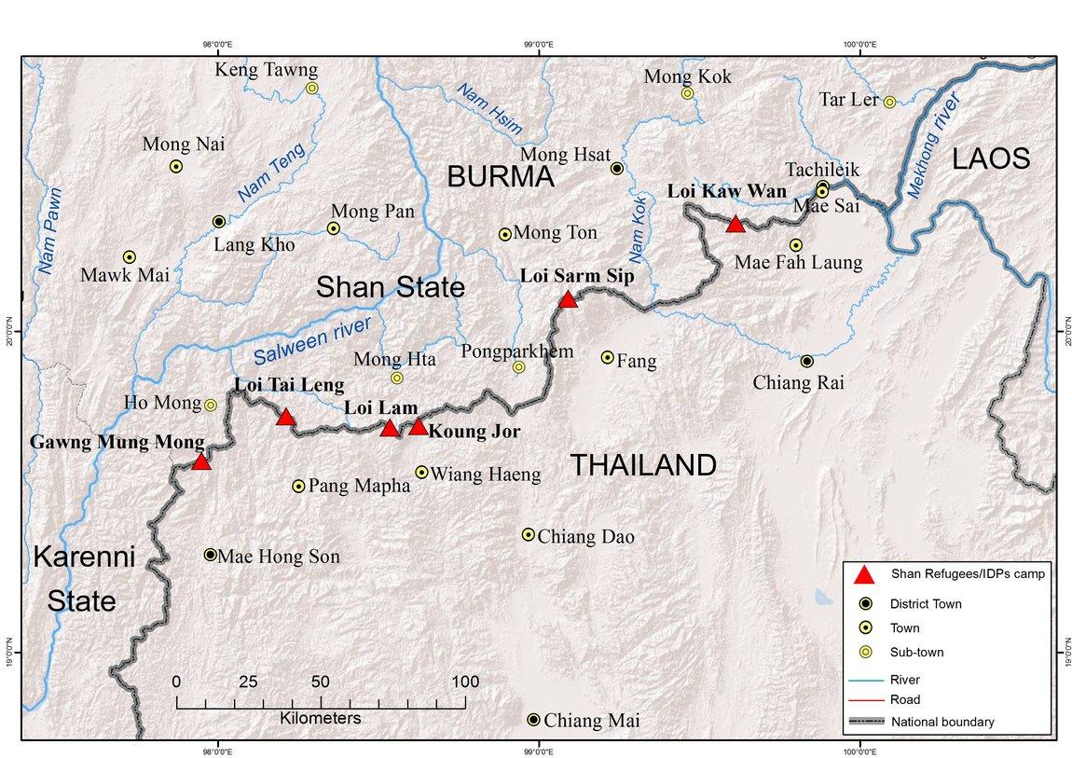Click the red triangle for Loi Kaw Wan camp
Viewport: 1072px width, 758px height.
pyautogui.click(x=735, y=224)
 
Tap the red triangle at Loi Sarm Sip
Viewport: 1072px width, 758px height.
pyautogui.click(x=568, y=299)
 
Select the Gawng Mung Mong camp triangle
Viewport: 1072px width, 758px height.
pyautogui.click(x=200, y=462)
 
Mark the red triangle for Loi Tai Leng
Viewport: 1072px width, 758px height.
pyautogui.click(x=286, y=417)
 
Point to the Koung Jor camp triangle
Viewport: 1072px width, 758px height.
pyautogui.click(x=419, y=427)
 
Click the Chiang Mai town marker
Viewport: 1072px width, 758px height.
pyautogui.click(x=533, y=720)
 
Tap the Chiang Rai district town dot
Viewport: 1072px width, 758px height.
pyautogui.click(x=807, y=361)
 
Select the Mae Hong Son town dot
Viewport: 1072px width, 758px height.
pyautogui.click(x=211, y=555)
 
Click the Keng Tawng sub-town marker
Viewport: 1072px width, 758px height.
pyautogui.click(x=312, y=89)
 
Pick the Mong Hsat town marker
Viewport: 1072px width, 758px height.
pyautogui.click(x=616, y=168)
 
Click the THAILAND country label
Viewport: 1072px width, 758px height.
pyautogui.click(x=643, y=465)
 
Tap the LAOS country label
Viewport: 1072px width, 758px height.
pyautogui.click(x=990, y=159)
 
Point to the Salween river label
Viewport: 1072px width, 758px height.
pyautogui.click(x=311, y=342)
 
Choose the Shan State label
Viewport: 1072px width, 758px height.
pyautogui.click(x=390, y=287)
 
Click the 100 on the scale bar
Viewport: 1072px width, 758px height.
pyautogui.click(x=464, y=682)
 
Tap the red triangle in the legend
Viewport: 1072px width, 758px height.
pyautogui.click(x=864, y=573)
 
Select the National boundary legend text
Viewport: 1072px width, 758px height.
pyautogui.click(x=942, y=722)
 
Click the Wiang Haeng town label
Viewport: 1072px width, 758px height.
pyautogui.click(x=487, y=475)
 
